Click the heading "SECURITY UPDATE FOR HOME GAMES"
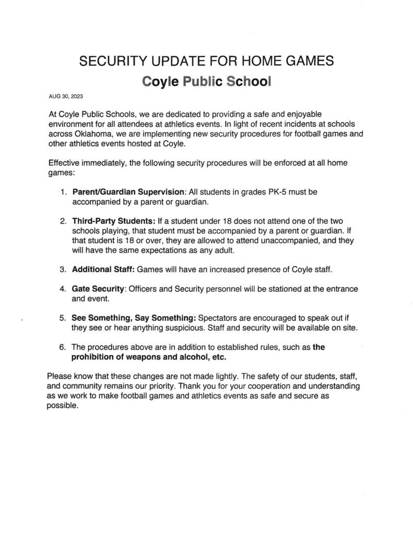point(206,62)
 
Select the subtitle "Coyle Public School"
point(207,82)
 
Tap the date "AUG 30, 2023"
point(66,96)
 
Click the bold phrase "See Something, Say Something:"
point(134,318)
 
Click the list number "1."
point(63,192)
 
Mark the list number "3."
point(63,270)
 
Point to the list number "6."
point(63,347)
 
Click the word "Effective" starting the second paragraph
point(64,163)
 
